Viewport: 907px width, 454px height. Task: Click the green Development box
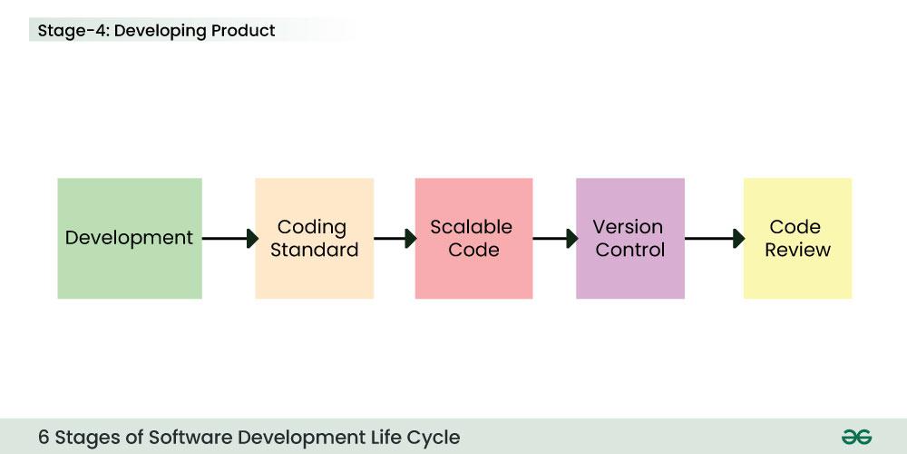[x=129, y=238]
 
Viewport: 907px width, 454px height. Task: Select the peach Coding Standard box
[x=314, y=238]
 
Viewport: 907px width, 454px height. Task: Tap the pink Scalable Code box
[x=473, y=238]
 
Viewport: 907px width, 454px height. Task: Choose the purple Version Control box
[x=629, y=238]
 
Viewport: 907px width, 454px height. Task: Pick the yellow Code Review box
[x=797, y=238]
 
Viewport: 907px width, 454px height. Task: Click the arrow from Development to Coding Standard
[x=229, y=239]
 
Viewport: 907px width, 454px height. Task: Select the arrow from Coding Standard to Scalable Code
[x=395, y=239]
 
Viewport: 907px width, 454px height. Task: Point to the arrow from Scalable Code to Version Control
[x=554, y=239]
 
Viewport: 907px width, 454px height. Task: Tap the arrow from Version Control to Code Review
[x=714, y=239]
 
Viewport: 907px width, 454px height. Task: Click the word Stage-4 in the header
[x=73, y=31]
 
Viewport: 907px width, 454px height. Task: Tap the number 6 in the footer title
[x=44, y=437]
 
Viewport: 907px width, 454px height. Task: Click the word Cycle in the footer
[x=434, y=437]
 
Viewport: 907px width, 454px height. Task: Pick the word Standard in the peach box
[x=314, y=250]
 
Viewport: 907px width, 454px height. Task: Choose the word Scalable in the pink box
[x=471, y=227]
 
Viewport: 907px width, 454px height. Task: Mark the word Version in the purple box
[x=628, y=227]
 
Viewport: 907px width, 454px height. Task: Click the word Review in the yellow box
[x=797, y=250]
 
